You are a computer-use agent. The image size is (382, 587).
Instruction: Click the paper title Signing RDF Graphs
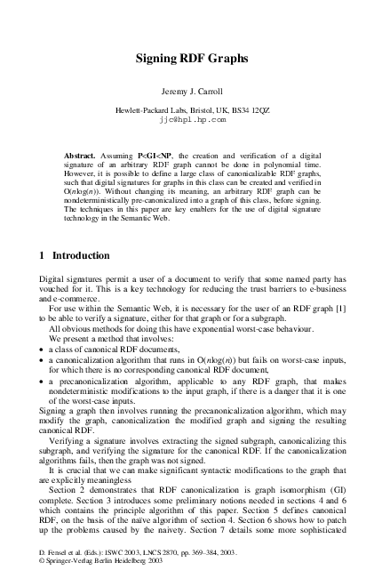[191, 59]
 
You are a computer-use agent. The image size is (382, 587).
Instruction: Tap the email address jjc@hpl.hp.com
[191, 117]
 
